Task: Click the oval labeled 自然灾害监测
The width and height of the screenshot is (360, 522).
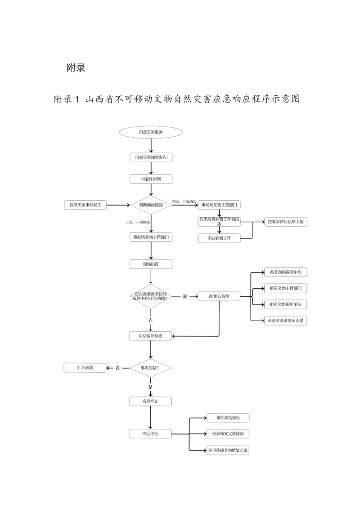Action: [x=151, y=133]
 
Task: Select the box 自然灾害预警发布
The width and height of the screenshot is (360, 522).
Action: [x=151, y=157]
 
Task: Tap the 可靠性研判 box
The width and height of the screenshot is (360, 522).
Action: [x=151, y=179]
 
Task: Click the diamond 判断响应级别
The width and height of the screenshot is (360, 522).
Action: [x=151, y=205]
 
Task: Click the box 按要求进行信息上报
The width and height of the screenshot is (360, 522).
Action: [x=285, y=222]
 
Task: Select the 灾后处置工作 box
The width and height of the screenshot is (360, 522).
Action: [x=219, y=238]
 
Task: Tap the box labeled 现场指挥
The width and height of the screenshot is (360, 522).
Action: [x=151, y=263]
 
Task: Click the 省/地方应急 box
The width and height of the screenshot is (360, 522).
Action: [x=219, y=297]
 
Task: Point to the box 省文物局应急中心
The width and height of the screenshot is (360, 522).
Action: [x=285, y=272]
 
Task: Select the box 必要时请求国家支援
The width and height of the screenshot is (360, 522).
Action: [x=285, y=321]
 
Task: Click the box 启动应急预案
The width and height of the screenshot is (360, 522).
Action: [x=151, y=335]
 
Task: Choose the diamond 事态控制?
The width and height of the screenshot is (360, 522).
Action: [x=151, y=368]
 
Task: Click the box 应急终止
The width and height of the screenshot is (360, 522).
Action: [x=151, y=401]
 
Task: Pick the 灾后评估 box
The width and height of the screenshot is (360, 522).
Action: [x=151, y=434]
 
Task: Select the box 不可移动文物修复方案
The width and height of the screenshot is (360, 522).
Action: [x=228, y=450]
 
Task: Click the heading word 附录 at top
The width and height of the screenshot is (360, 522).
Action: [x=76, y=68]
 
